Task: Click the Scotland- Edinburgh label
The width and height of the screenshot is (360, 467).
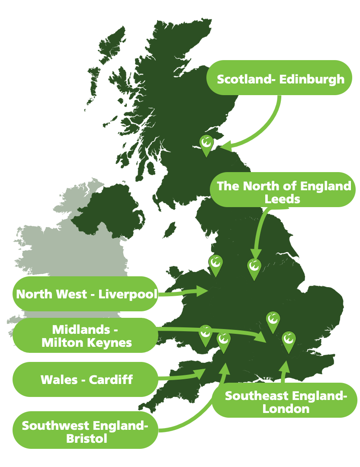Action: click(x=280, y=79)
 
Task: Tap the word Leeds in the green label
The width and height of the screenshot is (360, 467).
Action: click(x=282, y=199)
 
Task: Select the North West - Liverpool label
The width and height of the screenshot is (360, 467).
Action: click(x=87, y=294)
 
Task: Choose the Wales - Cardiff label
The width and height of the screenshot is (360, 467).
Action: click(x=87, y=380)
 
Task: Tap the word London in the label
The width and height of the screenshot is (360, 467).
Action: click(x=286, y=409)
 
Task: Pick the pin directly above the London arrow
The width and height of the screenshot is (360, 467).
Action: click(x=289, y=341)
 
